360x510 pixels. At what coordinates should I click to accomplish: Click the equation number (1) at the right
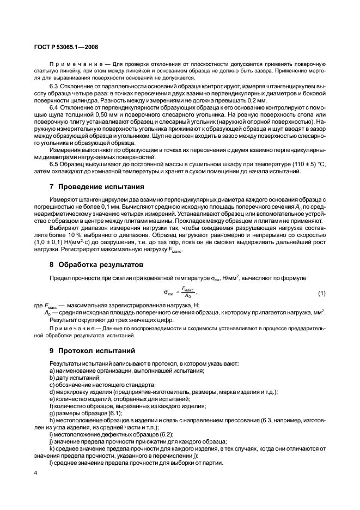(321, 294)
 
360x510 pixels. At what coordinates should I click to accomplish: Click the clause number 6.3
(54, 87)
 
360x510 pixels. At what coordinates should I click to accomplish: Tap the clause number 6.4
(54, 108)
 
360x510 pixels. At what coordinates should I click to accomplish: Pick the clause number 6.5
(54, 165)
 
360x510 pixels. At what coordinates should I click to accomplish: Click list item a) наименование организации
(126, 371)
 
